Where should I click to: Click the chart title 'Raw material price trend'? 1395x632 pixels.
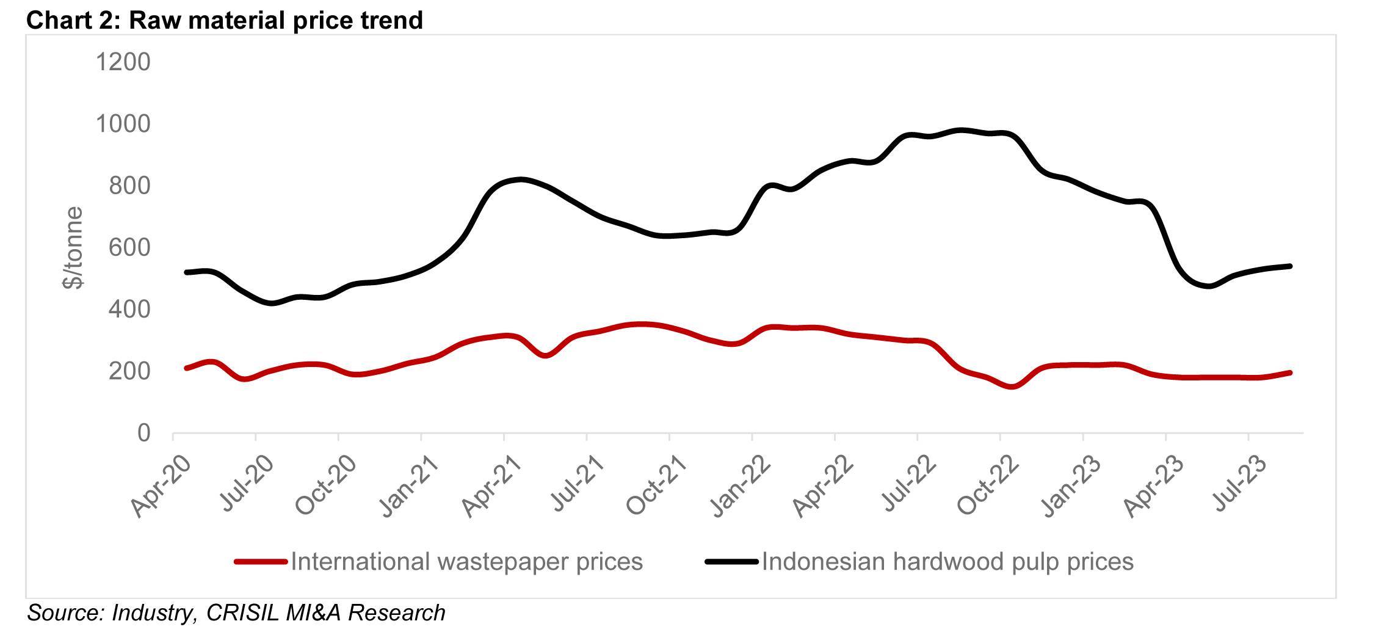(224, 20)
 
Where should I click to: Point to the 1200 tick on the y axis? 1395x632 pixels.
(123, 62)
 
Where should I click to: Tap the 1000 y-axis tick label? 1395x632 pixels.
(123, 124)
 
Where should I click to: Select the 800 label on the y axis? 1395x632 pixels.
(129, 186)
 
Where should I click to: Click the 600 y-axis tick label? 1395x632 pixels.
(129, 247)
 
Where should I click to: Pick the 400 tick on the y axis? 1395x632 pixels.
(129, 310)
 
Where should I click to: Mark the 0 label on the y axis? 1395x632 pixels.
(143, 433)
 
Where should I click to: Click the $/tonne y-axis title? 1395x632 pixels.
(73, 247)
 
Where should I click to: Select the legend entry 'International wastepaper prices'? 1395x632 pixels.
(466, 561)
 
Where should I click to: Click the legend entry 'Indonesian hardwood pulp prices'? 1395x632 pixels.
(947, 561)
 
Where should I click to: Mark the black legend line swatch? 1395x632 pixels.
(731, 561)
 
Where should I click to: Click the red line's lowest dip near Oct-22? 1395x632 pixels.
(1012, 387)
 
